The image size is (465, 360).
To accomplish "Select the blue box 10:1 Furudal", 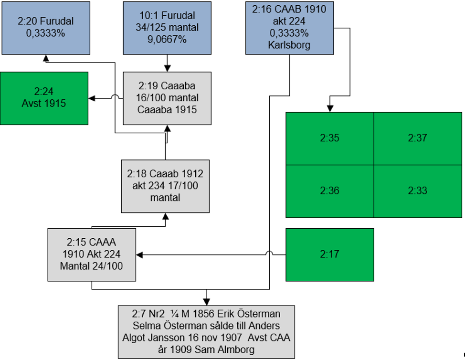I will (167, 28).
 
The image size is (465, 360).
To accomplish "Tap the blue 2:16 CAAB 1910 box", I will (289, 28).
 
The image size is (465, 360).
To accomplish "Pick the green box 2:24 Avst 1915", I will (44, 98).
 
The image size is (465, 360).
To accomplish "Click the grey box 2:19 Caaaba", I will (167, 98).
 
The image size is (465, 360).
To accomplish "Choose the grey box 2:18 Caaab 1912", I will (165, 186).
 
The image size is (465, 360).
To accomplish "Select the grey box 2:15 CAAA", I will (92, 254).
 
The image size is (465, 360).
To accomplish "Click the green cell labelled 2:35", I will (329, 138).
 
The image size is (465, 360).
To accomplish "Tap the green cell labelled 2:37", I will (417, 138).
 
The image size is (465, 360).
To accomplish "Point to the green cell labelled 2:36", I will (329, 191).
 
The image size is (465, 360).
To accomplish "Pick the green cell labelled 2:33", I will (417, 191).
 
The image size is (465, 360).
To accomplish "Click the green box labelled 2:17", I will (329, 254).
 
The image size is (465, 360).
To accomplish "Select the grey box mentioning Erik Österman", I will (206, 331).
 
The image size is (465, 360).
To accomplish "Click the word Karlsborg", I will (289, 46).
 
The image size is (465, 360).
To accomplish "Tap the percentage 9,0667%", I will (167, 40).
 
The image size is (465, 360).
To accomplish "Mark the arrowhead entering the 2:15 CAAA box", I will (139, 254).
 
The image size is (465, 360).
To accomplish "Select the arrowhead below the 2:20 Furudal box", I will (45, 57).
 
